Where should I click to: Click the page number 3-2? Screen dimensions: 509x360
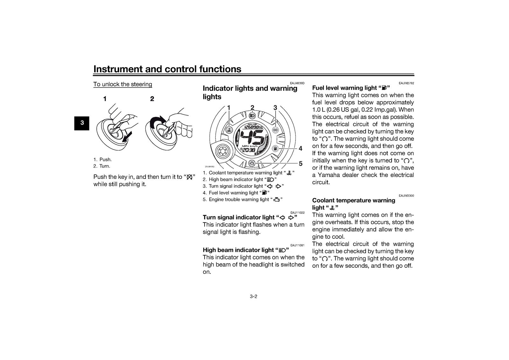253,296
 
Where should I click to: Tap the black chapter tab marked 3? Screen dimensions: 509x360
82,123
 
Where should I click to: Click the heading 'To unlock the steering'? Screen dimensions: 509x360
123,84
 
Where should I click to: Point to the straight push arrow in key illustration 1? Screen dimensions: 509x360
127,138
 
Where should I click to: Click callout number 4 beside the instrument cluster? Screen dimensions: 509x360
300,149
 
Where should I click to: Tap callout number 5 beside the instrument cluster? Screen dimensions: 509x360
301,164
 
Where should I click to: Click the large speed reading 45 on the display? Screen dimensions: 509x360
252,137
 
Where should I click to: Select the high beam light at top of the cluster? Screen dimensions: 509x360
252,116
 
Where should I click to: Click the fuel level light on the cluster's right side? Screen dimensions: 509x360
275,149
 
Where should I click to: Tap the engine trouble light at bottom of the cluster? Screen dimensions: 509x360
252,163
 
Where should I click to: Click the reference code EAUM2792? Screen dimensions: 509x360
406,83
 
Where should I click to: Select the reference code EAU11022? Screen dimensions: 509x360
297,213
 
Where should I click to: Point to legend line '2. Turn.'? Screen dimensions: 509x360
102,166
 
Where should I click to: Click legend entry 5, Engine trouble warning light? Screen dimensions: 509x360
243,200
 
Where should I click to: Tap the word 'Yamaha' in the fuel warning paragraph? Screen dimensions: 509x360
328,175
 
